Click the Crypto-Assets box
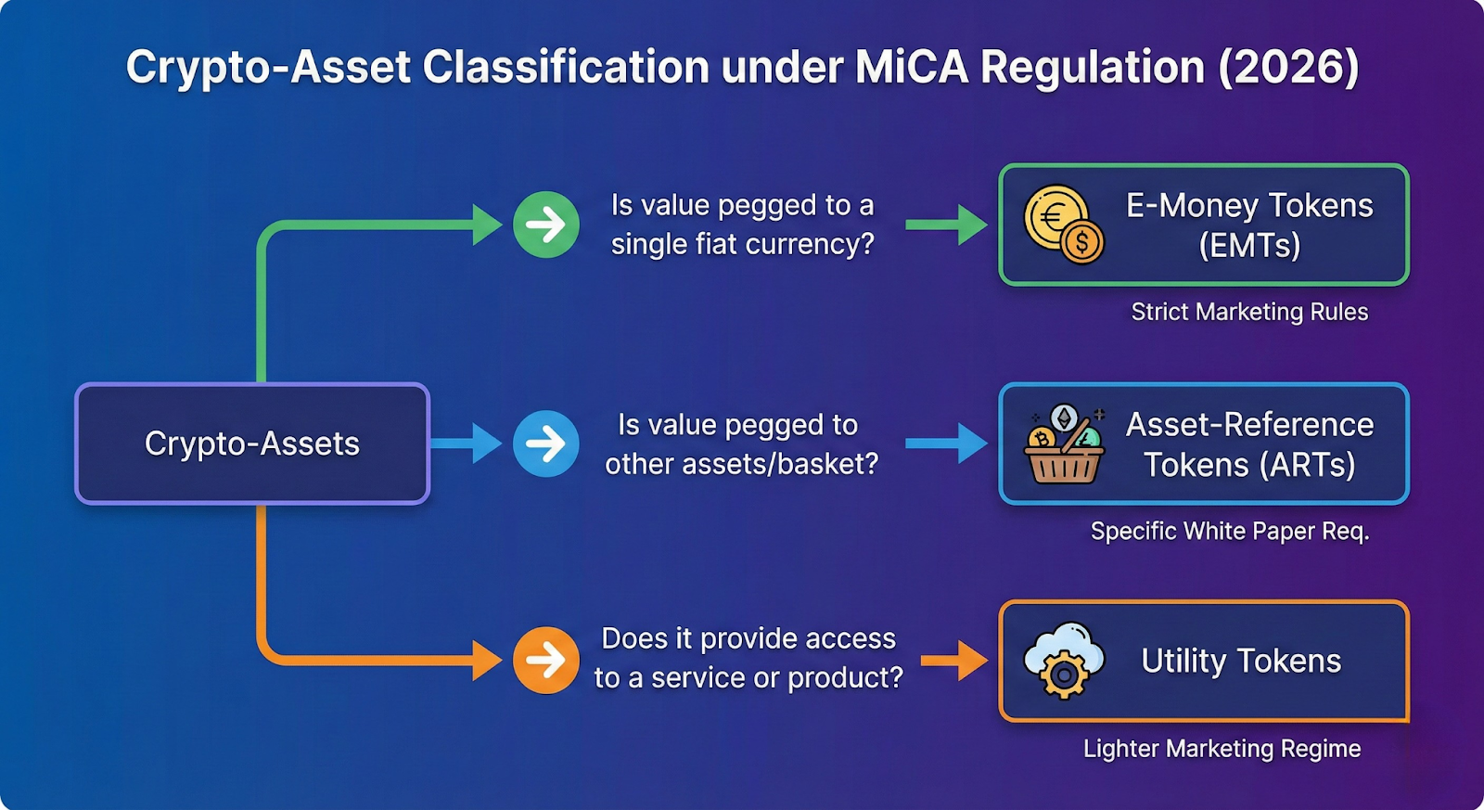pos(251,444)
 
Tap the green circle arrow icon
pos(546,225)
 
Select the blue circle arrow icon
pos(546,444)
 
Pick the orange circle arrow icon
pos(546,661)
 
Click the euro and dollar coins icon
pos(1063,225)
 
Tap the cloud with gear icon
pos(1064,660)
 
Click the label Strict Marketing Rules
pos(1249,312)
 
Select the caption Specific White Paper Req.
pos(1230,531)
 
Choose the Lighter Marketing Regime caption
pos(1222,749)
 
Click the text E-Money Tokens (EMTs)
pos(1249,225)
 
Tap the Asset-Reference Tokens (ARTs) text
pos(1249,444)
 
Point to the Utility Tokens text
pos(1241,661)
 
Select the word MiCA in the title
pos(911,68)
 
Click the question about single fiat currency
pos(742,225)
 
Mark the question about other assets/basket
pos(741,444)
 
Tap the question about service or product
pos(748,658)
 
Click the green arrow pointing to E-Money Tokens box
pos(946,225)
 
